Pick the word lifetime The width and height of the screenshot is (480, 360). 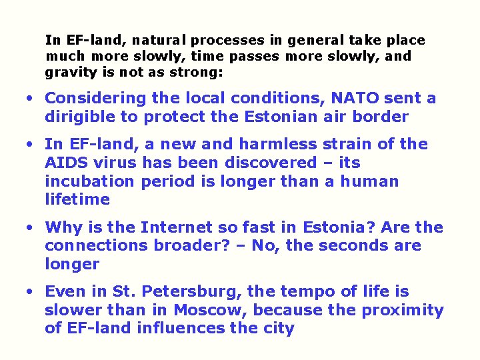click(x=77, y=199)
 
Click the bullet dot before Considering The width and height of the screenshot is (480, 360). click(x=30, y=99)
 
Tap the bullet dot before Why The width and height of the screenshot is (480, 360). click(x=30, y=227)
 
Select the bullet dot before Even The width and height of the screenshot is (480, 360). click(x=30, y=292)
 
